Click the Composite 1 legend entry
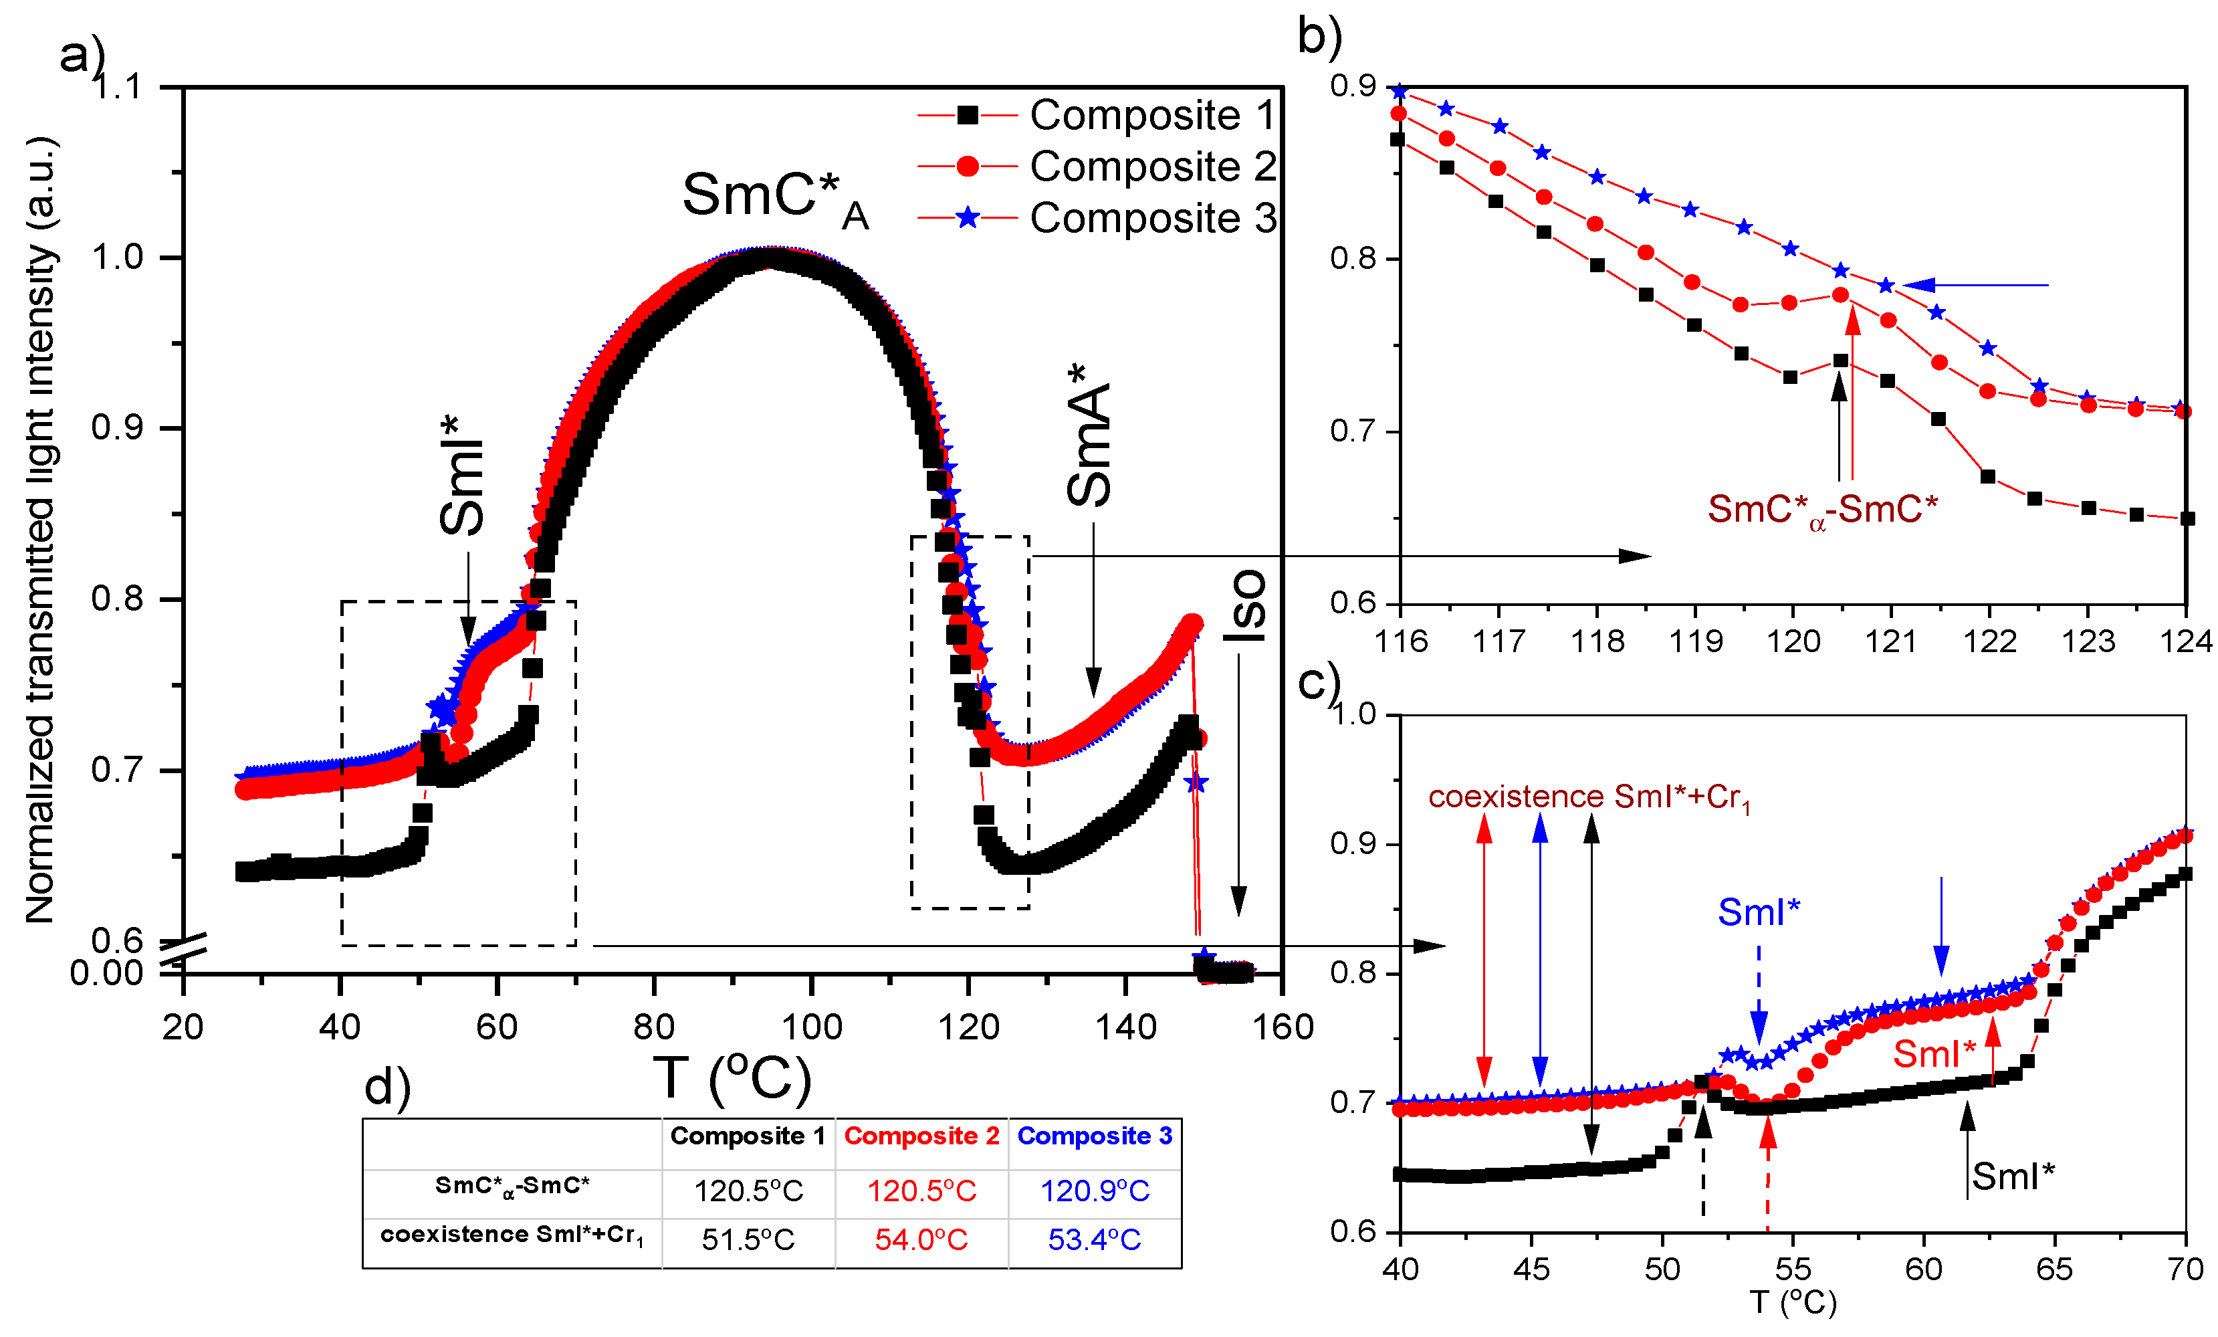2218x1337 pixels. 1097,115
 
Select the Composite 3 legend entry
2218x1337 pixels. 1097,218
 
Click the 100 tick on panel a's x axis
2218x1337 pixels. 811,1027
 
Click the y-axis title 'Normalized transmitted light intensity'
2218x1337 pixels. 41,531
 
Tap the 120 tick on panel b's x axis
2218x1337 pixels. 1793,641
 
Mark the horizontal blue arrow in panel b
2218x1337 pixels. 1976,286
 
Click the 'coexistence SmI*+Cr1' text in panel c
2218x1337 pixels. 1589,798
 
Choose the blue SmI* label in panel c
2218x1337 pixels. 1758,912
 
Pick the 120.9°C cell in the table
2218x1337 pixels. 1095,1191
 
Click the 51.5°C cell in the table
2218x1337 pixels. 748,1240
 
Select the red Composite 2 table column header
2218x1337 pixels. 921,1136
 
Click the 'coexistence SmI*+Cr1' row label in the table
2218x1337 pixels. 512,1235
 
